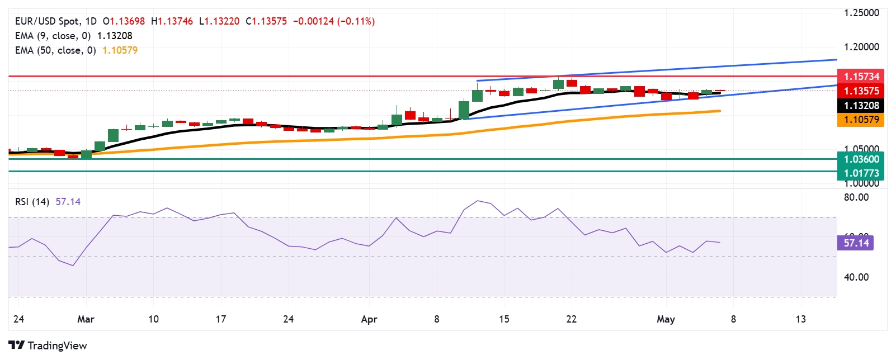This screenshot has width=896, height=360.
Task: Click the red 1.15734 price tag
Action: [861, 76]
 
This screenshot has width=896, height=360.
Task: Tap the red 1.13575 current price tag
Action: [861, 91]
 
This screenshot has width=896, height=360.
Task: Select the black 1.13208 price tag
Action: [861, 105]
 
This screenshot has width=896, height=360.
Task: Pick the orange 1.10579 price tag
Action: [861, 119]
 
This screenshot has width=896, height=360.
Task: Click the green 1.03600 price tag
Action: [861, 159]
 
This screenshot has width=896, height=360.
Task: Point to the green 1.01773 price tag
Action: [861, 173]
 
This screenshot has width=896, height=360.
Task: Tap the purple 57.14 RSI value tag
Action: [856, 243]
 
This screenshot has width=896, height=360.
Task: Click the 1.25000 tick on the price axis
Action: [861, 13]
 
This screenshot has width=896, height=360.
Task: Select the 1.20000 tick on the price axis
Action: [861, 47]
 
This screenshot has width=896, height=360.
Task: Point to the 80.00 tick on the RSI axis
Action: [856, 197]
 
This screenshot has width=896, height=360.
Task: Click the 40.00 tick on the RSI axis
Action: [856, 277]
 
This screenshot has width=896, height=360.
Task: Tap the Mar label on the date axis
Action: [86, 319]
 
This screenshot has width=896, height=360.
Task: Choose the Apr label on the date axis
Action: [369, 319]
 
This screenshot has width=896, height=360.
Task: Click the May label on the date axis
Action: [666, 319]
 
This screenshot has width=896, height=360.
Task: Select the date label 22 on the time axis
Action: [571, 319]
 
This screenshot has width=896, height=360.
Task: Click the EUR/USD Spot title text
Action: [47, 21]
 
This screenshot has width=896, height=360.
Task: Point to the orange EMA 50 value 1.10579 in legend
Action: [120, 50]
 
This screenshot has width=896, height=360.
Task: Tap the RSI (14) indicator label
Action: [32, 202]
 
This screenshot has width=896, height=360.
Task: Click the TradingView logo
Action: [48, 345]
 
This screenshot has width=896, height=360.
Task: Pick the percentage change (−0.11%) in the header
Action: [356, 21]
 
